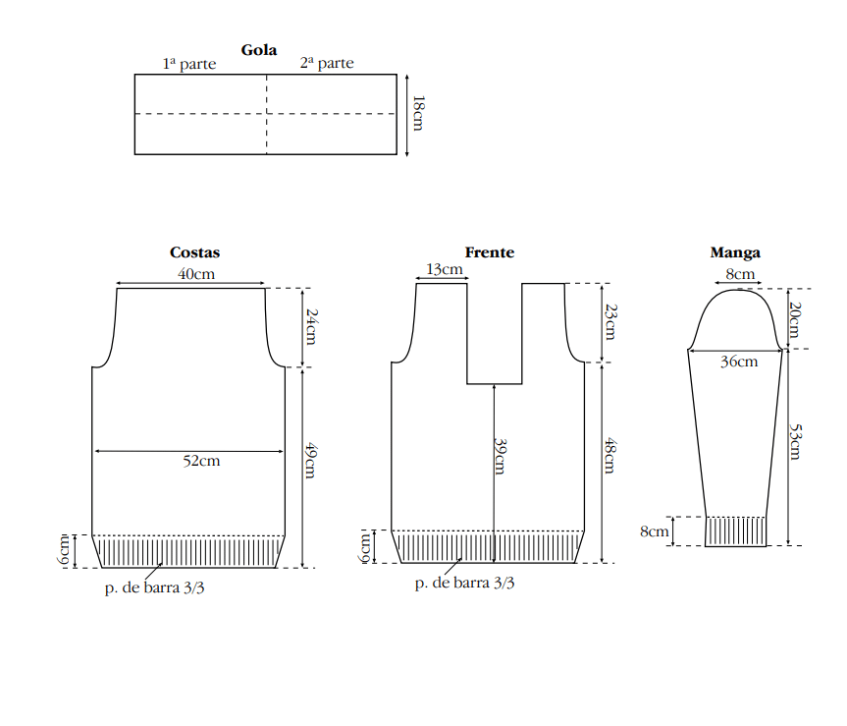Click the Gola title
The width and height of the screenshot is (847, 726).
point(259,50)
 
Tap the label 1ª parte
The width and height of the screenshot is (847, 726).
point(189,64)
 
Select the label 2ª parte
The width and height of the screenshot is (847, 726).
point(327,63)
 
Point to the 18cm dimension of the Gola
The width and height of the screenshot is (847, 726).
point(418,114)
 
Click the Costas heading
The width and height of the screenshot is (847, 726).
point(194,252)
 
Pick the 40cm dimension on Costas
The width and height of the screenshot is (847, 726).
point(196,273)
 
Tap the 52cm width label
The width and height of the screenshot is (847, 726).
point(201,461)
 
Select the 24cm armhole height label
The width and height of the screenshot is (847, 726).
point(312,327)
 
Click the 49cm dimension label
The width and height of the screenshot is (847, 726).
point(310,461)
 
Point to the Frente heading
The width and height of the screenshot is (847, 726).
point(490,252)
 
